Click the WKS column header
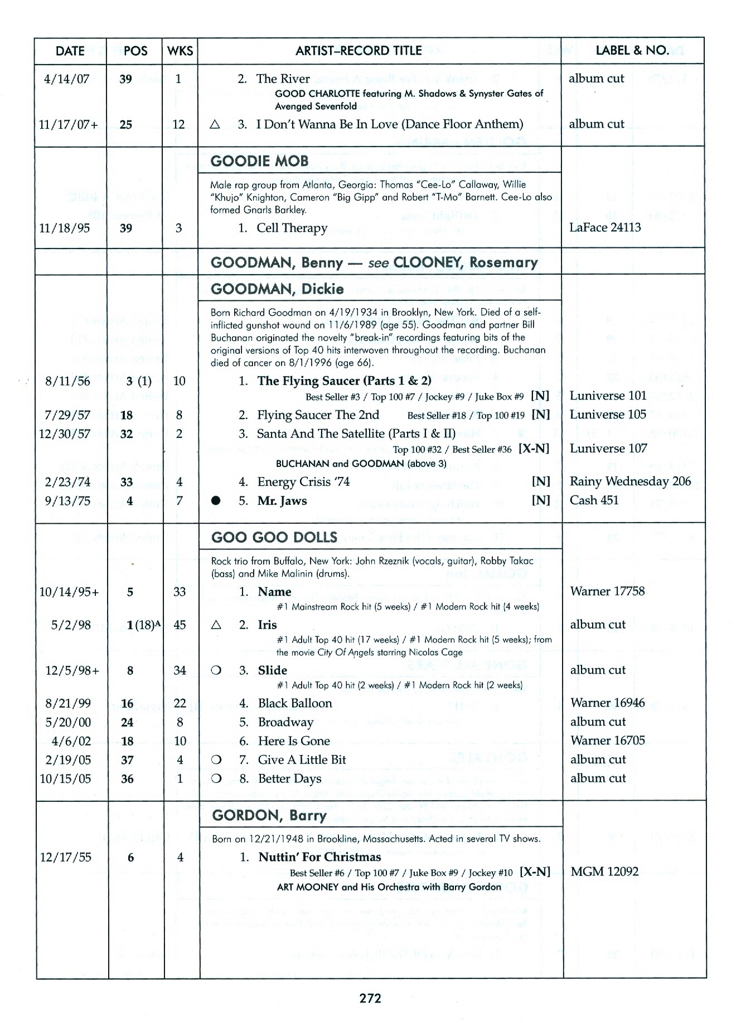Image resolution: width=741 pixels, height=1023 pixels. point(180,51)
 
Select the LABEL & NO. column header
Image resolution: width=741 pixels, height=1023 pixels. point(632,50)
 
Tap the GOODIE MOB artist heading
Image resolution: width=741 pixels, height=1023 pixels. point(259,161)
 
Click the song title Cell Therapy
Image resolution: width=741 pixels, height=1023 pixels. point(292,228)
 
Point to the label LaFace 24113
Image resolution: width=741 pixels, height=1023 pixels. point(604,227)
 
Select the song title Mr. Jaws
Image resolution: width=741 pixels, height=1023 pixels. point(282,501)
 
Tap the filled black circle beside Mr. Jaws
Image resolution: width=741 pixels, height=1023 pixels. point(215,501)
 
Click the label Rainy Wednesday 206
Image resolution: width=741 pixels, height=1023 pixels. point(630,481)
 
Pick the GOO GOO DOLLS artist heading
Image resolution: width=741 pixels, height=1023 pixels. point(274,537)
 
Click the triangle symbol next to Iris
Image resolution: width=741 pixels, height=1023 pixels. point(216,625)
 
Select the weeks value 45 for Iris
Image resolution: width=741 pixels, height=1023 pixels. point(180,625)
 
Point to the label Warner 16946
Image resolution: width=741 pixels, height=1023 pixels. point(607,703)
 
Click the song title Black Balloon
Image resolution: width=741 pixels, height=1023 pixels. point(294,703)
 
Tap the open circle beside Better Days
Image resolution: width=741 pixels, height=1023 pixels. point(216,778)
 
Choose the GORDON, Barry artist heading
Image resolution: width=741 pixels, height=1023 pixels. point(269,816)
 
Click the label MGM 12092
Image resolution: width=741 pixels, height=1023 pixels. point(604,871)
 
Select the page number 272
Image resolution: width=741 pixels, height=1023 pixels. point(370,998)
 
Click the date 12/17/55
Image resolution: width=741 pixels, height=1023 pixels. point(66,858)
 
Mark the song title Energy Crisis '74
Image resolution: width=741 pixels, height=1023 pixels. point(303,482)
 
